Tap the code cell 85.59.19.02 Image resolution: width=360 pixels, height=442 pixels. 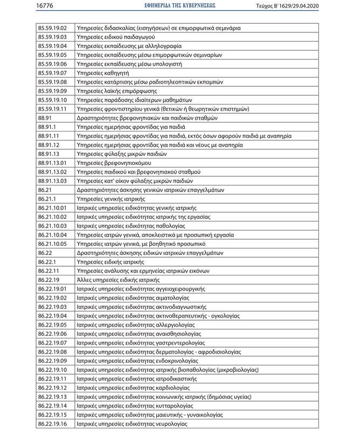click(52, 27)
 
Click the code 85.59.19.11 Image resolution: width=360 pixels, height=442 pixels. click(52, 109)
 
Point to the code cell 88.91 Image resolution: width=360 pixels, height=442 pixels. click(45, 118)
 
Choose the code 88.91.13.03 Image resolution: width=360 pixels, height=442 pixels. click(52, 181)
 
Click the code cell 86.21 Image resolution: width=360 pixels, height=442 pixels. click(45, 190)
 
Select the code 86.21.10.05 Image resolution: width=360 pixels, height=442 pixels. click(52, 244)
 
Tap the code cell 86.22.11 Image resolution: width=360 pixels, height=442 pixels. click(49, 271)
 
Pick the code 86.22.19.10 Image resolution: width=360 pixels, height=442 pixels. click(52, 370)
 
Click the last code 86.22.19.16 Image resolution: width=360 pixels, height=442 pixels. click(52, 424)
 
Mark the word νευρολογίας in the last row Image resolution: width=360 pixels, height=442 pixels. click(170, 424)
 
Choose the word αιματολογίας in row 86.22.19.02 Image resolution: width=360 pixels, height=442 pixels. click(172, 298)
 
